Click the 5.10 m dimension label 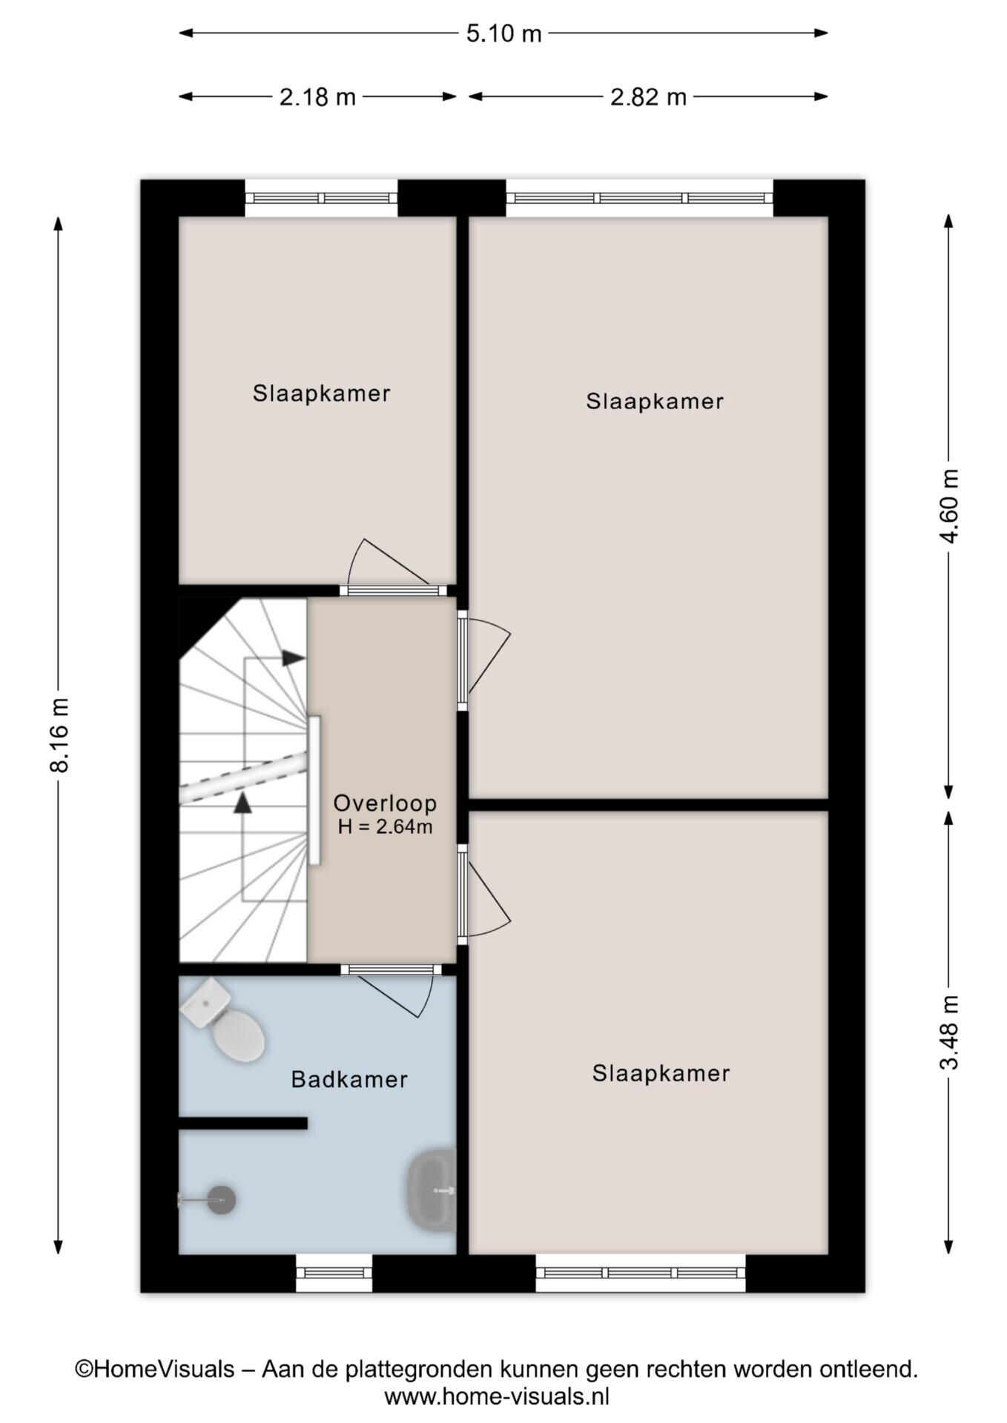pyautogui.click(x=503, y=33)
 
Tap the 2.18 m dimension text pyautogui.click(x=317, y=97)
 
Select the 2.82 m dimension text pyautogui.click(x=648, y=97)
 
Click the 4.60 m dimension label pyautogui.click(x=950, y=505)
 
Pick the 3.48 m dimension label pyautogui.click(x=950, y=1032)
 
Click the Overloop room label pyautogui.click(x=385, y=803)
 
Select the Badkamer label pyautogui.click(x=349, y=1079)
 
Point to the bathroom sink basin pyautogui.click(x=432, y=1190)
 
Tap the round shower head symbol pyautogui.click(x=220, y=1199)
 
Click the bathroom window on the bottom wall pyautogui.click(x=334, y=1273)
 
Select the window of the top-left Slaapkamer pyautogui.click(x=321, y=198)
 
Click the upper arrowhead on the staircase pyautogui.click(x=294, y=658)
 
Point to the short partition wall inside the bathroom pyautogui.click(x=243, y=1123)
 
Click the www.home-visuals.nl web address pyautogui.click(x=497, y=1396)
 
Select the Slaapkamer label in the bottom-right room pyautogui.click(x=661, y=1073)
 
